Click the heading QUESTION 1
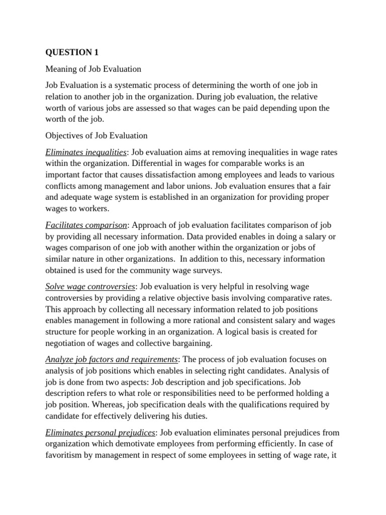coord(70,52)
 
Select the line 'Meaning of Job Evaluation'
coord(93,69)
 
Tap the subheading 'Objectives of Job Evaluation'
coord(96,135)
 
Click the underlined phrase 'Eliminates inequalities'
coord(86,152)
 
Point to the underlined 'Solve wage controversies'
coord(90,286)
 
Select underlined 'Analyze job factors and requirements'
coord(111,359)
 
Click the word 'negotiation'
coord(68,343)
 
